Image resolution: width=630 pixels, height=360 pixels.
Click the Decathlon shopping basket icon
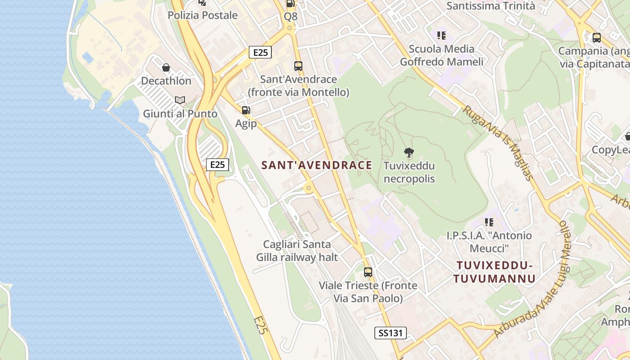(x=166, y=67)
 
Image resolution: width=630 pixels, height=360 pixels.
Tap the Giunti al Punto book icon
(x=180, y=100)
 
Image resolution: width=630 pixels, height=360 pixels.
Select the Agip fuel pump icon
(x=246, y=110)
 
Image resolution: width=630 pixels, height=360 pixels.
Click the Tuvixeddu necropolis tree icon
(x=409, y=153)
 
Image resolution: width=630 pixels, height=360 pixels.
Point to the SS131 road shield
(x=391, y=333)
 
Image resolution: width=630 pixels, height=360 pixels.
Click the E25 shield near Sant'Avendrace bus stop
(x=261, y=52)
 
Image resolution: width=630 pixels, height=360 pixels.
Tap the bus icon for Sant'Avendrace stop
(x=298, y=66)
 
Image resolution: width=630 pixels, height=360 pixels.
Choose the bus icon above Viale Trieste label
(x=368, y=272)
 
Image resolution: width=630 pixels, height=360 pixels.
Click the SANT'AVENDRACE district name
(x=317, y=165)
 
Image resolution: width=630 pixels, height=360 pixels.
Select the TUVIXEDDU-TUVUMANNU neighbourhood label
(x=495, y=272)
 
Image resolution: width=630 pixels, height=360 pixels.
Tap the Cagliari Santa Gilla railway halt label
(x=297, y=251)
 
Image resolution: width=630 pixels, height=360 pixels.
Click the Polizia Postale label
(x=202, y=15)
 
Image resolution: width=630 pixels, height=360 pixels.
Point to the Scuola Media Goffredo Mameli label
(x=441, y=55)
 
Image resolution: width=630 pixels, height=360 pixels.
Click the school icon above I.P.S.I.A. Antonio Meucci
(x=489, y=222)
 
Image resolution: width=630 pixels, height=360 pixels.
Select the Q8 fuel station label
(x=291, y=17)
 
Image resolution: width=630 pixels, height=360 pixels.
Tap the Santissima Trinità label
(x=490, y=6)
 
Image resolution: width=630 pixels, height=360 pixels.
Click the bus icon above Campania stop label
(x=596, y=38)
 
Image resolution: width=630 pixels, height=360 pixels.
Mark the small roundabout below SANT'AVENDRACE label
(x=308, y=188)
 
